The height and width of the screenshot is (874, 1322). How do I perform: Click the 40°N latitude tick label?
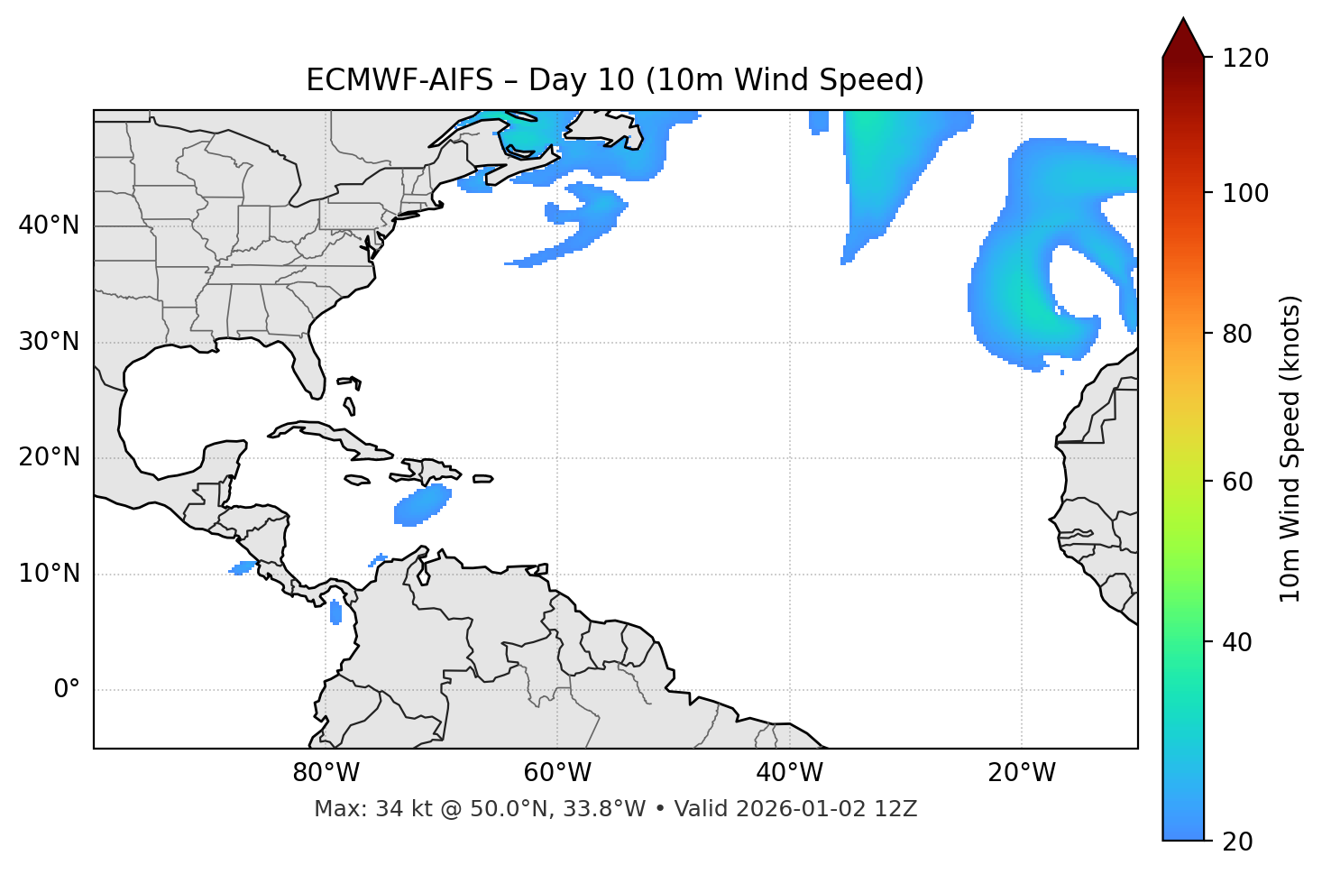click(49, 225)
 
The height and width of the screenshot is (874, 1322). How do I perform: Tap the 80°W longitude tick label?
click(326, 773)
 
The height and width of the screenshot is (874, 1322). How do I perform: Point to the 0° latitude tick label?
click(67, 690)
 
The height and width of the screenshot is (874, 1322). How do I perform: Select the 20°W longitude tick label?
click(1022, 773)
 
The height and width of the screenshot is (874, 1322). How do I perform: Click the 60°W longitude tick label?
click(557, 773)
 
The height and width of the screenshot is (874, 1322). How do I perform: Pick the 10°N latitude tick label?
click(49, 574)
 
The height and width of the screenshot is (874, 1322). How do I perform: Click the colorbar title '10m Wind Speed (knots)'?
click(1290, 448)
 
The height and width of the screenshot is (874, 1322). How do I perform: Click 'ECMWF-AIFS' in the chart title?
click(399, 80)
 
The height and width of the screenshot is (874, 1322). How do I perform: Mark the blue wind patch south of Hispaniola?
click(421, 506)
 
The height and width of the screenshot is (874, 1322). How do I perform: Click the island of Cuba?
click(334, 436)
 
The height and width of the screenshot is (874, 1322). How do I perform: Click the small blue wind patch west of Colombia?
click(336, 612)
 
